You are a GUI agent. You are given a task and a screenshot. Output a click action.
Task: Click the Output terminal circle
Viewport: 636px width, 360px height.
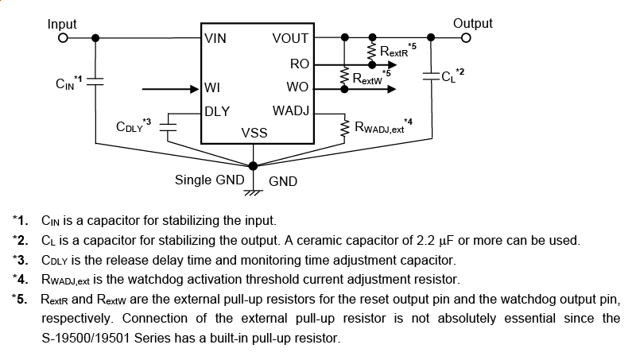pos(467,37)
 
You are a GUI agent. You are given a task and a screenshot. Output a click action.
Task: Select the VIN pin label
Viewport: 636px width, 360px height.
pos(215,38)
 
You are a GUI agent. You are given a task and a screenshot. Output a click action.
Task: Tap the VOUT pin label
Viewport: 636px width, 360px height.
pos(289,38)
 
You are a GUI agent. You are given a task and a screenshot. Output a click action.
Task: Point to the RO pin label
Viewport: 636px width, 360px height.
pos(299,63)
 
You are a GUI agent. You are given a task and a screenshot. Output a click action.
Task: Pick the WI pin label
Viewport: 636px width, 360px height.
pos(212,87)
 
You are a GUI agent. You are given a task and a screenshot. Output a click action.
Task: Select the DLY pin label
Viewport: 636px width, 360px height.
pos(218,111)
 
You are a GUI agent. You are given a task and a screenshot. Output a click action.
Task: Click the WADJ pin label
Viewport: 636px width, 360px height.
pos(290,110)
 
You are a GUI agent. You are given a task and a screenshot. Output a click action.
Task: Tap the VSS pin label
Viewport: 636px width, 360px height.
pos(254,133)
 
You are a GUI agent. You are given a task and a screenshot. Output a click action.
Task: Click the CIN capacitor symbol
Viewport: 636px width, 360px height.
pos(96,80)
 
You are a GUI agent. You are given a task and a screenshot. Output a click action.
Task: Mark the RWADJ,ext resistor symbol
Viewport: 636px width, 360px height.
pos(344,126)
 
